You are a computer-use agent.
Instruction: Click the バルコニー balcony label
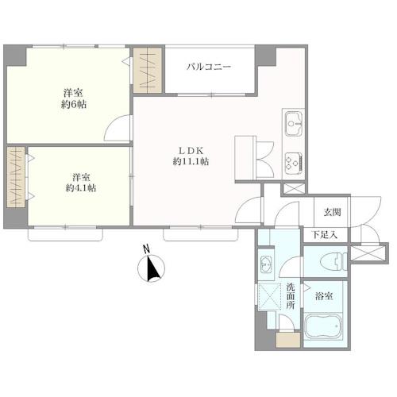209,67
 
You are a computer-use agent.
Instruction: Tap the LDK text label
191,151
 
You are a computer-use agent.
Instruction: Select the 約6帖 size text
74,105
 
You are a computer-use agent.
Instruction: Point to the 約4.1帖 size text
81,188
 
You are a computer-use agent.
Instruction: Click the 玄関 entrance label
332,212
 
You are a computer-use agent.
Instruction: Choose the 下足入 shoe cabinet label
325,234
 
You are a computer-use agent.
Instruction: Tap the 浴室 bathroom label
324,296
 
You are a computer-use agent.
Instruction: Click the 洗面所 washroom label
291,296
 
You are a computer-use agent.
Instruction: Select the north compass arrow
152,268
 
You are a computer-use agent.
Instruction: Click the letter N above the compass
146,249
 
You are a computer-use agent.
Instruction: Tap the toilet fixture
333,262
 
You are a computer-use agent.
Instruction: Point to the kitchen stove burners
294,162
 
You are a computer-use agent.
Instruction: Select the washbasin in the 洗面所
266,264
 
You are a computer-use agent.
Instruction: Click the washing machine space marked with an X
269,296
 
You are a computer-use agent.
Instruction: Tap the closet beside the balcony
148,71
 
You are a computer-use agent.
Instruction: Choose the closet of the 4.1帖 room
16,177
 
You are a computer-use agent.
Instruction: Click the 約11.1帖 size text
191,161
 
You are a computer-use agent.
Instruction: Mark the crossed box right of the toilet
368,252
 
